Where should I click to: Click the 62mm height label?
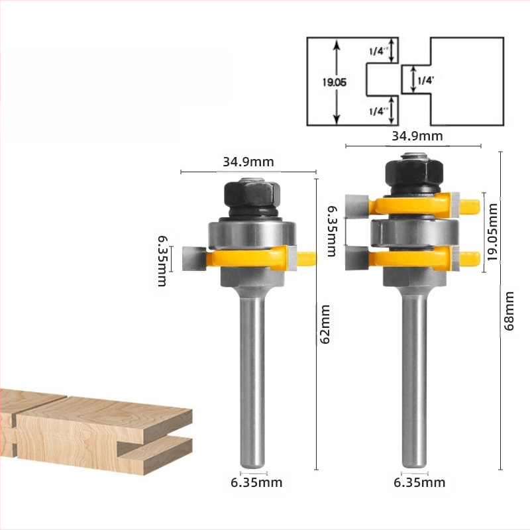click(325, 325)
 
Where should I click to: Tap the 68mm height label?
click(509, 311)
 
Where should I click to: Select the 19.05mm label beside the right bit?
click(493, 232)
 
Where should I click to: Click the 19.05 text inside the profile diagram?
click(335, 82)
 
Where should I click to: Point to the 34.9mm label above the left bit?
click(248, 162)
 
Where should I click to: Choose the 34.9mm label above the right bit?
click(417, 136)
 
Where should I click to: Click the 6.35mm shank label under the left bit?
click(256, 483)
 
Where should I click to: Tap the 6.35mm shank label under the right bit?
click(419, 483)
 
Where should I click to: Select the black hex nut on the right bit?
click(415, 174)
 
